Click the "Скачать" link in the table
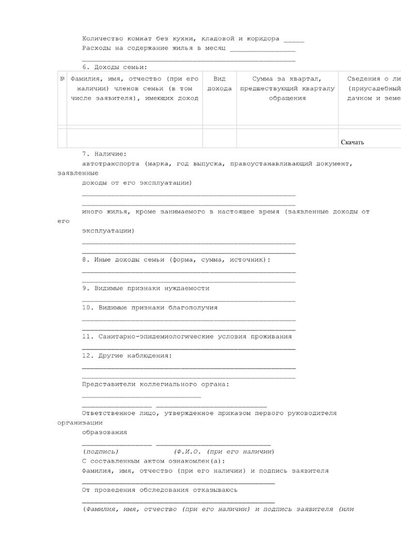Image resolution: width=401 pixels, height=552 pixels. pos(352,142)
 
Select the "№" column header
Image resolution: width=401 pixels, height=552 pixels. pos(62,79)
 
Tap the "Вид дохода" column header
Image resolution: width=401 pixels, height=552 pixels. pos(219,83)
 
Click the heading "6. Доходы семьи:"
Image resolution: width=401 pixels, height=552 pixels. pos(114,67)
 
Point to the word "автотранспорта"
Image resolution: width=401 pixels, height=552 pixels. pos(110,164)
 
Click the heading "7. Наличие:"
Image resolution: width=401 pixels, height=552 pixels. pos(104,154)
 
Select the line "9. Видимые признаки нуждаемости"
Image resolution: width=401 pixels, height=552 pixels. pos(146,288)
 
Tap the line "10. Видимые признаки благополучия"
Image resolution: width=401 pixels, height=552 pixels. pos(150,307)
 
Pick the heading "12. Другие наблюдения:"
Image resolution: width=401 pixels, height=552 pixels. pos(127,356)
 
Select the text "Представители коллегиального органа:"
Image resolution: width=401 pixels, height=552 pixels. pos(155,384)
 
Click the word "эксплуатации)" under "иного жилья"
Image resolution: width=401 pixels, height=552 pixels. pos(108,231)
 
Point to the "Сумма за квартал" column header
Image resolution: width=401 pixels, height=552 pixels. pos(287,79)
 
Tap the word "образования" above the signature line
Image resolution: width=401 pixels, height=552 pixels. pos(105,432)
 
